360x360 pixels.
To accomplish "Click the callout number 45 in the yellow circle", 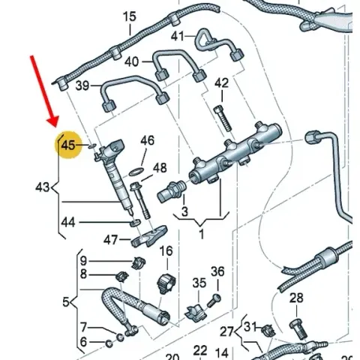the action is [x=68, y=145].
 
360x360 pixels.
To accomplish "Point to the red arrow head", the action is [x=53, y=122].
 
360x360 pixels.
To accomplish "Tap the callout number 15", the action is [x=130, y=16].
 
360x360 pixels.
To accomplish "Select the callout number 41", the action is [x=177, y=37].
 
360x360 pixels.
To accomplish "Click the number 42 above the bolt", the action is [x=221, y=83].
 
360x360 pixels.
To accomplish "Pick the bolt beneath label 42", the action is [x=223, y=118].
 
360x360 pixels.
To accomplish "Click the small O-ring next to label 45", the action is [x=92, y=146].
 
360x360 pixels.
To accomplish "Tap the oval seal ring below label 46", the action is [x=136, y=172].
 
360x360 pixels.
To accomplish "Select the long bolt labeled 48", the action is [x=140, y=201].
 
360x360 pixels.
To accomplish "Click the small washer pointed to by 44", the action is [x=136, y=223].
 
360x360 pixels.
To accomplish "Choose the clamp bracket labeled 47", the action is [x=149, y=236].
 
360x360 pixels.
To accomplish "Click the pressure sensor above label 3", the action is [x=172, y=191].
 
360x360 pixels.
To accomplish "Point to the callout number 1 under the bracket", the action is [x=202, y=234].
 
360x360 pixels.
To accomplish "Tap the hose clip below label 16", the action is [x=166, y=283].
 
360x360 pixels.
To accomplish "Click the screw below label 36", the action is [x=214, y=300].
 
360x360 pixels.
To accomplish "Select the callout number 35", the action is [x=199, y=283].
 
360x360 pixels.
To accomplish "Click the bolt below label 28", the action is [x=298, y=328].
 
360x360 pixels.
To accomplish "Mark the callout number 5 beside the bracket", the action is [x=65, y=302].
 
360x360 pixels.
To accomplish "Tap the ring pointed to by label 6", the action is [x=109, y=344].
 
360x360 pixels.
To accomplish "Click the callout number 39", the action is [x=82, y=85].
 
